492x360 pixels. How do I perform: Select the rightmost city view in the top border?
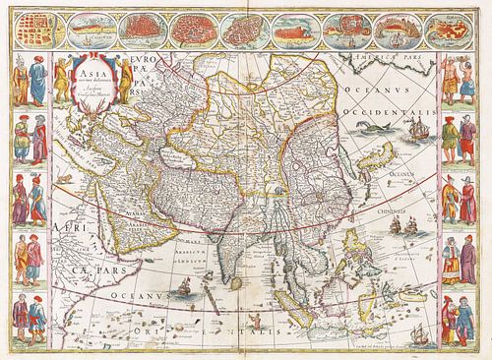tap(457, 30)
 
